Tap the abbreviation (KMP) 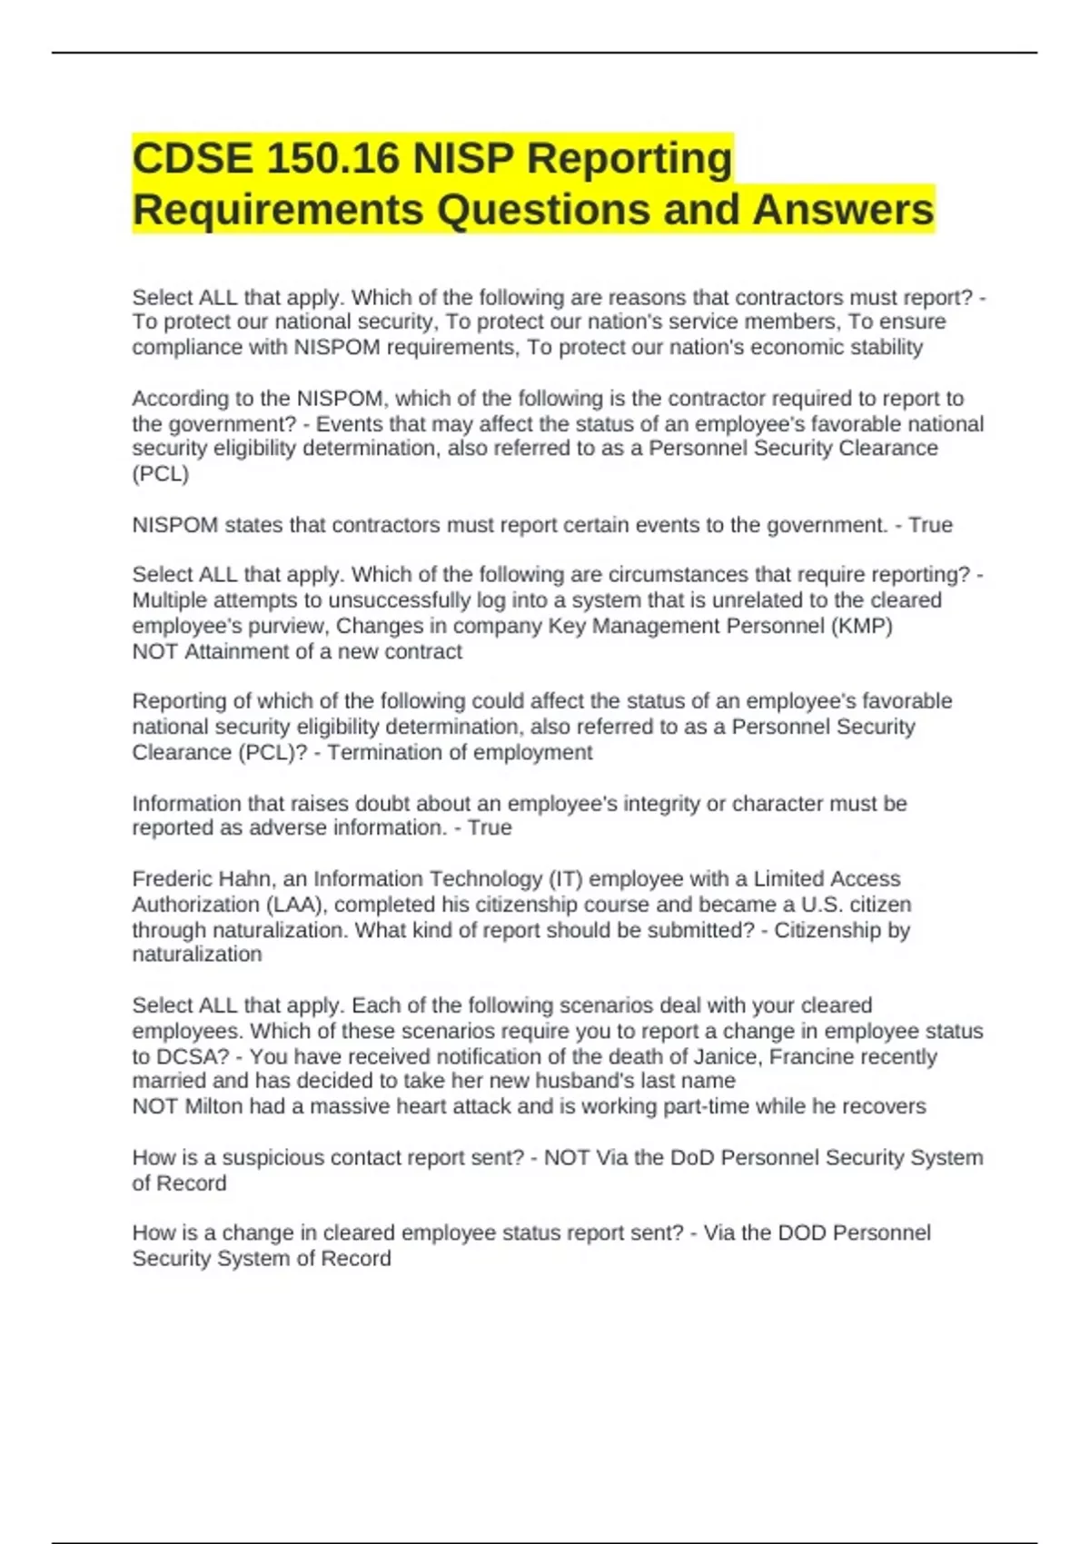861,626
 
